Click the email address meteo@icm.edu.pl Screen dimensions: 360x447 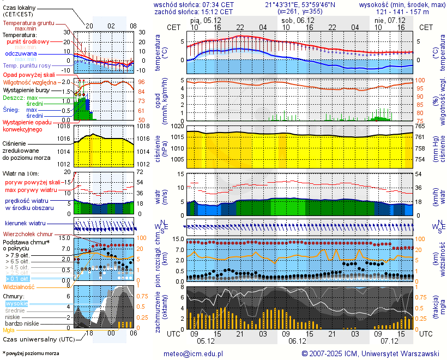pos(194,353)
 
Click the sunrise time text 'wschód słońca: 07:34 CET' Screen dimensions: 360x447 pos(194,4)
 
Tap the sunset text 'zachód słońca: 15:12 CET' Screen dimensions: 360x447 pos(194,11)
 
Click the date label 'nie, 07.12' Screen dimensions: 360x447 pos(390,20)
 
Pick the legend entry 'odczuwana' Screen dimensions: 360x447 pos(21,54)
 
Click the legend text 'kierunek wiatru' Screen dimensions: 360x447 pos(25,224)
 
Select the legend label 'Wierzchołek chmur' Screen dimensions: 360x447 pos(28,234)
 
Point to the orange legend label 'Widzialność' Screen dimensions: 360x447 pos(19,286)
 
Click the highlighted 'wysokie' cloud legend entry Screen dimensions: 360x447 pos(16,303)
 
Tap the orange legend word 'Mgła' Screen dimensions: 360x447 pos(9,330)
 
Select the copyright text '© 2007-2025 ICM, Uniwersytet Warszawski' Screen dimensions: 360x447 pos(371,353)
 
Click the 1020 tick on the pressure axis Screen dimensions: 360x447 pos(178,126)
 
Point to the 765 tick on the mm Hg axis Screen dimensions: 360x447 pos(421,126)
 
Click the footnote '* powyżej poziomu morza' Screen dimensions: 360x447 pos(31,353)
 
